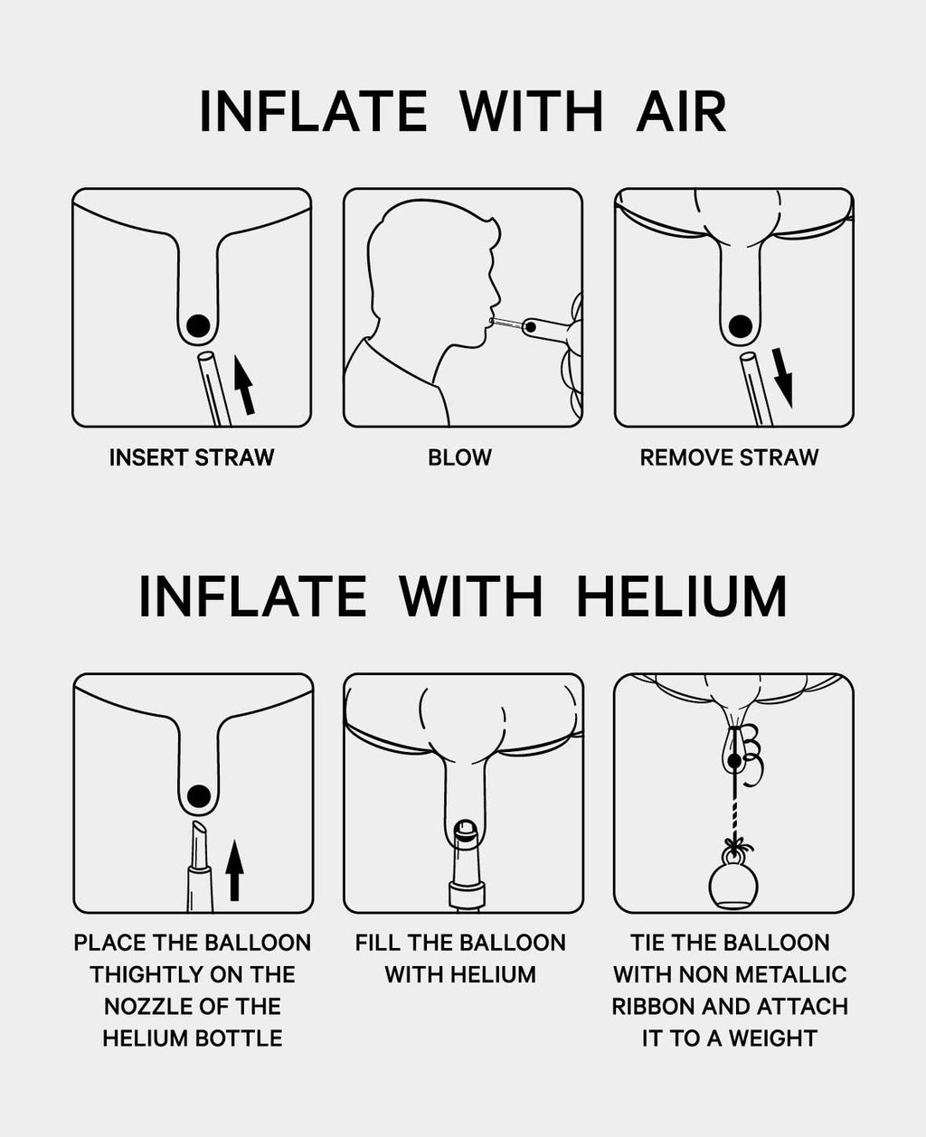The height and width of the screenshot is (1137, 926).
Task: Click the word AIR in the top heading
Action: click(x=682, y=111)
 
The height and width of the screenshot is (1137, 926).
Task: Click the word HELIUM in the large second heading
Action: click(x=682, y=597)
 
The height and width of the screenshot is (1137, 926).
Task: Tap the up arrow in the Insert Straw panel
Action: click(x=244, y=385)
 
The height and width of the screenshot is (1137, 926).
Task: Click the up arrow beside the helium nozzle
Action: click(x=234, y=870)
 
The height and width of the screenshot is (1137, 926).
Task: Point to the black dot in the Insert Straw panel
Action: click(x=198, y=325)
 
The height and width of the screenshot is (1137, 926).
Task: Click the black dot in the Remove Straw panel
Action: click(x=740, y=325)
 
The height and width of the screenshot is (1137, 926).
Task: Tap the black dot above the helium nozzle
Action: click(x=199, y=796)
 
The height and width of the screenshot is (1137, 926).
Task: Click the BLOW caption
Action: click(x=459, y=457)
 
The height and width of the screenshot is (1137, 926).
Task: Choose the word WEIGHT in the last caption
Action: click(x=773, y=1038)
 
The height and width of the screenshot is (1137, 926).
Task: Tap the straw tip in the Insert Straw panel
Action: click(x=206, y=356)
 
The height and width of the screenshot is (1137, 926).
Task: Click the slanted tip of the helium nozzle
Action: click(x=199, y=829)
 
